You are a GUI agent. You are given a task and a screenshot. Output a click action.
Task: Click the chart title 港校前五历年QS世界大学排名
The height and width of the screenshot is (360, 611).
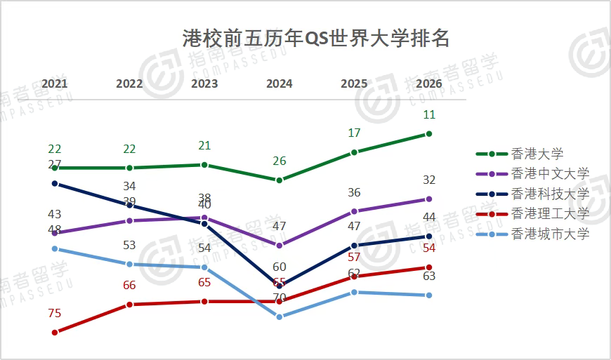pyautogui.click(x=315, y=37)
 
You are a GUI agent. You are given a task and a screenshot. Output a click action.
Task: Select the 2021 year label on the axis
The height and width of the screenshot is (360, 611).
pyautogui.click(x=55, y=84)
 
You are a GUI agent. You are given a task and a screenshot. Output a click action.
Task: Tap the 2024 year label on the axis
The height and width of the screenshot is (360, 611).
pyautogui.click(x=280, y=84)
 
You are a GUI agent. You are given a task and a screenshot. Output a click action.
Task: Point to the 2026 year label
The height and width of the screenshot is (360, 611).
pyautogui.click(x=429, y=84)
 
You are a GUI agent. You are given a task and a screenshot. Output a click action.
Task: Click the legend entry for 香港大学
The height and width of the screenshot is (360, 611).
pyautogui.click(x=537, y=154)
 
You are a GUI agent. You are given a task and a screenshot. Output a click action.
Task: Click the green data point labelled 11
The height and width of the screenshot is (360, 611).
pyautogui.click(x=429, y=133)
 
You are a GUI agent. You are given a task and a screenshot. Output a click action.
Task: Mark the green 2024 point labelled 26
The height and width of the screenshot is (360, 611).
pyautogui.click(x=280, y=180)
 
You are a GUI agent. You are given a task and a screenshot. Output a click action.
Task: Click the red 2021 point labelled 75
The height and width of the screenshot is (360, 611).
pyautogui.click(x=55, y=332)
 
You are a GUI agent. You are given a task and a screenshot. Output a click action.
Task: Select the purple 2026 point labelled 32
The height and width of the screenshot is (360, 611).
pyautogui.click(x=429, y=199)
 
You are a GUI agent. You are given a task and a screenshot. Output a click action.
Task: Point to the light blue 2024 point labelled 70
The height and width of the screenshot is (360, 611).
pyautogui.click(x=280, y=316)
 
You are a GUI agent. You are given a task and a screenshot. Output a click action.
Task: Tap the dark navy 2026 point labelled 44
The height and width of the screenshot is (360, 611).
pyautogui.click(x=429, y=236)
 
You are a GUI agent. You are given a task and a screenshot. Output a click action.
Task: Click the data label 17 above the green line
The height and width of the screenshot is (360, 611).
pyautogui.click(x=355, y=133)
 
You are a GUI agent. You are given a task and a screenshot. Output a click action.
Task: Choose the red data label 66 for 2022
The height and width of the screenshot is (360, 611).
pyautogui.click(x=129, y=285)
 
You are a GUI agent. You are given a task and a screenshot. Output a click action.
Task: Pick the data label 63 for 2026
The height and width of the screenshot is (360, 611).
pyautogui.click(x=429, y=276)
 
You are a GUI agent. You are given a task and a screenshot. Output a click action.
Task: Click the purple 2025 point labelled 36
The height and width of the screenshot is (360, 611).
pyautogui.click(x=355, y=211)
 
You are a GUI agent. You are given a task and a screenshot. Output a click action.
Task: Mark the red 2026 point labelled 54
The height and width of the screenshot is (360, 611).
pyautogui.click(x=429, y=267)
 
